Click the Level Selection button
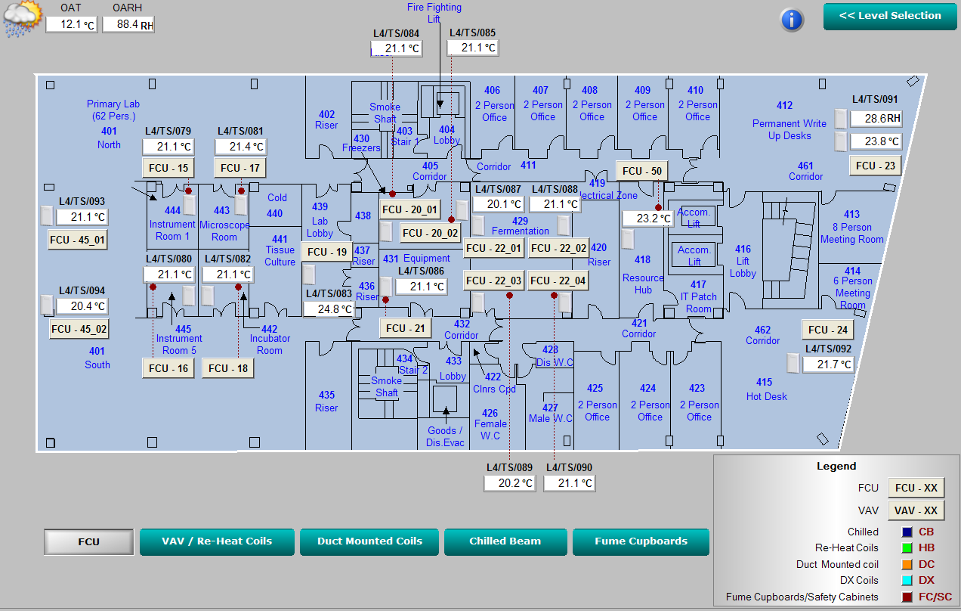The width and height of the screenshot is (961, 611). tap(890, 16)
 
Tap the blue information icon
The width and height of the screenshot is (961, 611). tap(791, 19)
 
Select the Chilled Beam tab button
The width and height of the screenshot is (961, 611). tap(505, 541)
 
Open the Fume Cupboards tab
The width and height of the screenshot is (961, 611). tap(641, 541)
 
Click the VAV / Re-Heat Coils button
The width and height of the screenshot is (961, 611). tap(217, 541)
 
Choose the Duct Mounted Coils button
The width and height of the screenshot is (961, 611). tap(369, 541)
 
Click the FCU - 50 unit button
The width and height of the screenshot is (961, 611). tap(642, 171)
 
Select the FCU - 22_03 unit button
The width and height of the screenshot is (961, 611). tap(494, 281)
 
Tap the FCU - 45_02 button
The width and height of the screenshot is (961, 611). tap(79, 329)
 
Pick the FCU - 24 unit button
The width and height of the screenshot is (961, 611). tap(827, 330)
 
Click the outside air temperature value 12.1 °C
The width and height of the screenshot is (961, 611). tap(71, 24)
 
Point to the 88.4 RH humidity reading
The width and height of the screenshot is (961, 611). tap(128, 24)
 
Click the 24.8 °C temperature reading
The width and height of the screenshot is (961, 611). tap(329, 309)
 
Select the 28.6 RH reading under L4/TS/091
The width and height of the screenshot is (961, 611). tap(876, 119)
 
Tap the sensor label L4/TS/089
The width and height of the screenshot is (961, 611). tap(509, 467)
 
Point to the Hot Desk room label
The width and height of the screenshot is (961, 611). tap(766, 396)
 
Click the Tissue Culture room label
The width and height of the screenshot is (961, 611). tap(280, 256)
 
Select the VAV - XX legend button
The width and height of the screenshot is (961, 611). tap(916, 510)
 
